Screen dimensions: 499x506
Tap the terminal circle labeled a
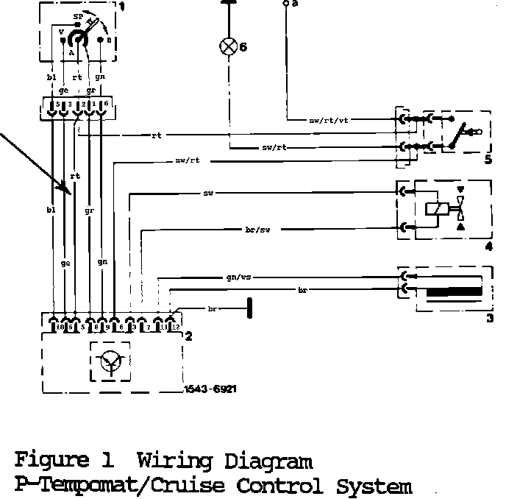point(285,4)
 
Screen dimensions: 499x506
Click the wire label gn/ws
point(240,279)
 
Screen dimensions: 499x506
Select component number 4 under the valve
point(487,247)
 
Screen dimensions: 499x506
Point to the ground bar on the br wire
point(250,308)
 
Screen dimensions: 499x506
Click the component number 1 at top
point(122,7)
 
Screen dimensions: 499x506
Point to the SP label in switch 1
point(77,15)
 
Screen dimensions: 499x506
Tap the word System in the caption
point(374,486)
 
